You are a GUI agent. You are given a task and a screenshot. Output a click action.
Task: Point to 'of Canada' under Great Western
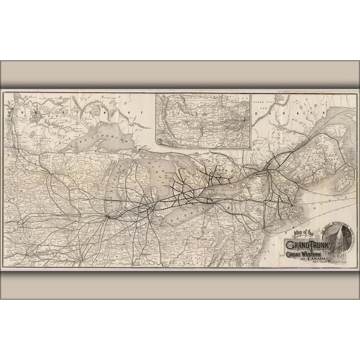click(x=309, y=259)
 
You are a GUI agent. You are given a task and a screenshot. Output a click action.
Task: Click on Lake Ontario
click(x=225, y=188)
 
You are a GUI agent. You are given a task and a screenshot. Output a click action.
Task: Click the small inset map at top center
click(x=202, y=120)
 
